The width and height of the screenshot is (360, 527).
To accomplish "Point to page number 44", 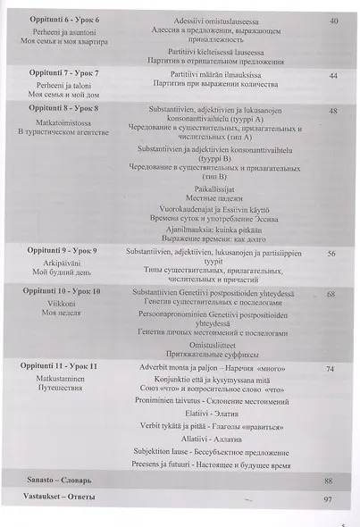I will click(332, 76).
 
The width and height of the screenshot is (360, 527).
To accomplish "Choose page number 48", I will click(332, 111).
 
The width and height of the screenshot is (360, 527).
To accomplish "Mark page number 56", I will click(331, 255).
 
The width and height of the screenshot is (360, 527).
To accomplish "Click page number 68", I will click(331, 294).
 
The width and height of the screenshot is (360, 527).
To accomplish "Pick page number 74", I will click(331, 369).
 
